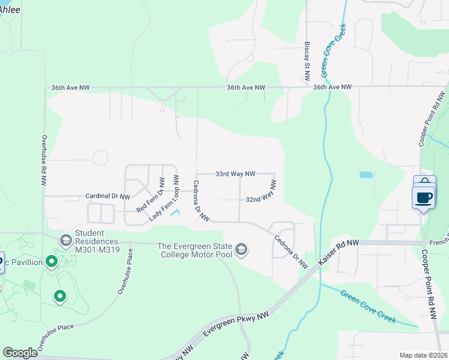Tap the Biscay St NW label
pyautogui.click(x=306, y=61)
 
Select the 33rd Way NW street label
pyautogui.click(x=235, y=173)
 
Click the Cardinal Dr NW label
pyautogui.click(x=107, y=196)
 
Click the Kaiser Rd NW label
pyautogui.click(x=338, y=252)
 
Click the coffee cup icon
pyautogui.click(x=424, y=197)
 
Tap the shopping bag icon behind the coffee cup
pyautogui.click(x=424, y=182)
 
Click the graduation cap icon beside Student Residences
pyautogui.click(x=65, y=241)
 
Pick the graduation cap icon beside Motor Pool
pyautogui.click(x=241, y=250)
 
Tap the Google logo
pyautogui.click(x=20, y=352)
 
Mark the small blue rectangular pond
pyautogui.click(x=365, y=175)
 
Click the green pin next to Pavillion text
pyautogui.click(x=52, y=262)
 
